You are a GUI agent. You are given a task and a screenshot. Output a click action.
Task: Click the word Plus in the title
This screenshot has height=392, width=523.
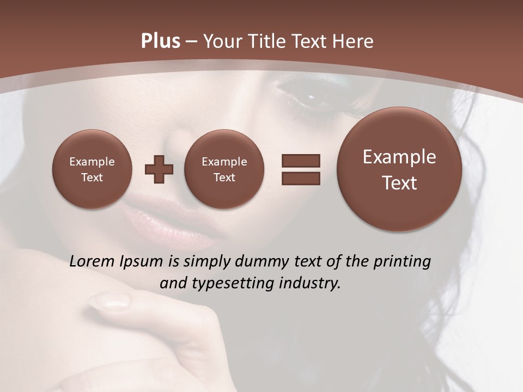coord(160,41)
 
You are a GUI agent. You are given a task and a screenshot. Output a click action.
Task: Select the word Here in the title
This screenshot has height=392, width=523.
coord(354,41)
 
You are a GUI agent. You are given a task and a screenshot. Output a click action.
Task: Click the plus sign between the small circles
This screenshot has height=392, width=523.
coord(159,169)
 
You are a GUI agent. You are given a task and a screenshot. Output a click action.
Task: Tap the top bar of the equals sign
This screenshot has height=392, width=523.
coord(301,161)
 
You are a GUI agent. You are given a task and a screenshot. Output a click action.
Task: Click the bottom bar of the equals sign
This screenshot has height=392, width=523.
coord(301,178)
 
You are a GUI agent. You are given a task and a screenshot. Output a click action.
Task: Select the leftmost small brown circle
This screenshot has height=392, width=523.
coord(92,169)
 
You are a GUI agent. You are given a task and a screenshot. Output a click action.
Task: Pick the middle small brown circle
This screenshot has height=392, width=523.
coord(224,169)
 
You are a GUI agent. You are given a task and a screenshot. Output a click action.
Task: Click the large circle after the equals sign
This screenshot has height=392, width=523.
coord(399,169)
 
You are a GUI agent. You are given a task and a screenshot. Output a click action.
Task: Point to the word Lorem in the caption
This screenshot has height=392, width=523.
coord(93,262)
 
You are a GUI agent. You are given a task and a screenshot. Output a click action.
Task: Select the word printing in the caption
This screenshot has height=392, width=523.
coord(402,262)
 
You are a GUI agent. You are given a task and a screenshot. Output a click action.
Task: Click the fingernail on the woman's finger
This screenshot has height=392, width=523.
coord(109,301)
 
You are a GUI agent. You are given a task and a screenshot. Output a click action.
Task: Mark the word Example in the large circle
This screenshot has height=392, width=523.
coord(399,157)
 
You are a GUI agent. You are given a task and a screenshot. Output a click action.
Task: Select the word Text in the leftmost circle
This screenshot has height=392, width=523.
coord(92,177)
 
